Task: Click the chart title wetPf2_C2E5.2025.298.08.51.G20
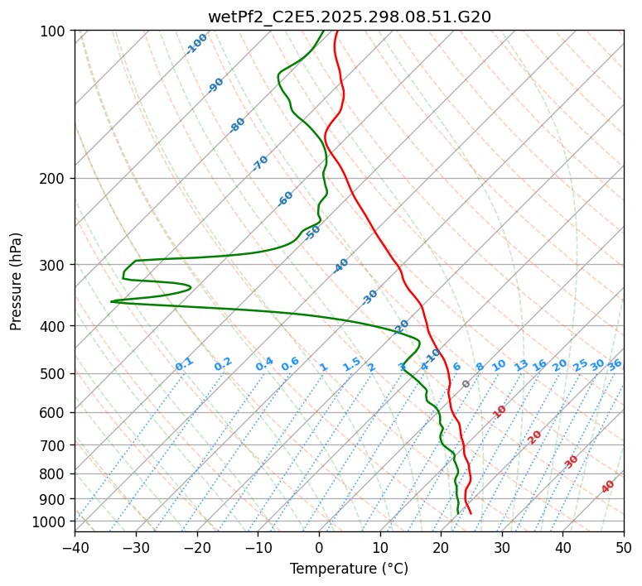pos(349,17)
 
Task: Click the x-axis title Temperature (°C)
pos(349,569)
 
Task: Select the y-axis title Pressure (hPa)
pos(17,281)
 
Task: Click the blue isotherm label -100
pos(196,44)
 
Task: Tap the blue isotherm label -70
pos(260,163)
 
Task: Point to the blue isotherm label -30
pos(369,296)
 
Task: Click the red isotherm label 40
pos(608,487)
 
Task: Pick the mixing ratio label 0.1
pos(184,364)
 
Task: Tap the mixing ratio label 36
pos(615,364)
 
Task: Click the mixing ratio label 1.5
pos(351,364)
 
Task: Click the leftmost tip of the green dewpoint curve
pos(111,301)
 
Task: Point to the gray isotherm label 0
pos(466,384)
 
